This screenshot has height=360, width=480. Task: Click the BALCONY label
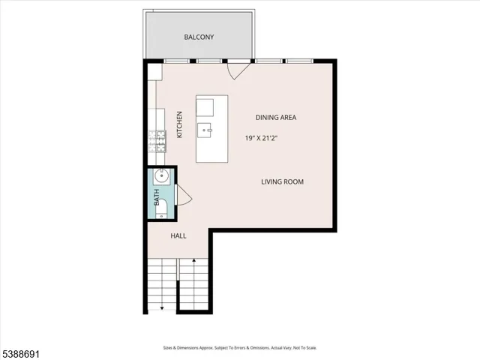199,37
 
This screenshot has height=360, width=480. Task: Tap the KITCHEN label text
180,125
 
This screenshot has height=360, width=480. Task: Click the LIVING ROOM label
282,181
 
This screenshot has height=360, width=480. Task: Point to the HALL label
178,235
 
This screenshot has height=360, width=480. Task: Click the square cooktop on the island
206,106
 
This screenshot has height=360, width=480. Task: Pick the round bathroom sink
161,178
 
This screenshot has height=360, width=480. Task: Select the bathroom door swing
184,197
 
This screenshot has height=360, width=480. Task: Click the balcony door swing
237,70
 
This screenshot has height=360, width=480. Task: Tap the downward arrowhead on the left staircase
162,307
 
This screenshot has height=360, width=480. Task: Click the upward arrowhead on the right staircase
194,260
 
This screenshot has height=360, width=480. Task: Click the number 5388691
23,350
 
